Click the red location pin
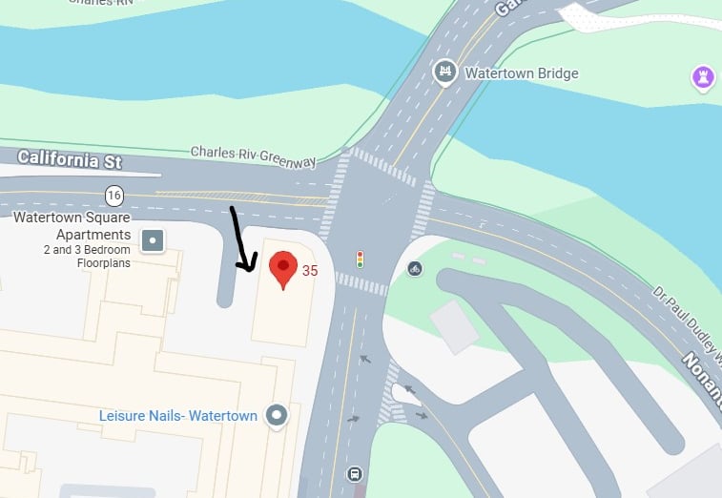point(282,268)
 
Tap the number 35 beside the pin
point(310,271)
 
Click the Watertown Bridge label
point(521,73)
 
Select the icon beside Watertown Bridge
point(444,72)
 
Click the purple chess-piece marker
point(704,77)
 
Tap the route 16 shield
point(114,196)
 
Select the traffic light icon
point(361,259)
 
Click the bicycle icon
point(414,268)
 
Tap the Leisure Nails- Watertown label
point(178,416)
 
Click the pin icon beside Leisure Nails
point(277,415)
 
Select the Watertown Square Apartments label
point(72,226)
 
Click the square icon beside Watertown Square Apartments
point(153,239)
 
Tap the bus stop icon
point(355,473)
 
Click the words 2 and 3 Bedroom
point(86,250)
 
